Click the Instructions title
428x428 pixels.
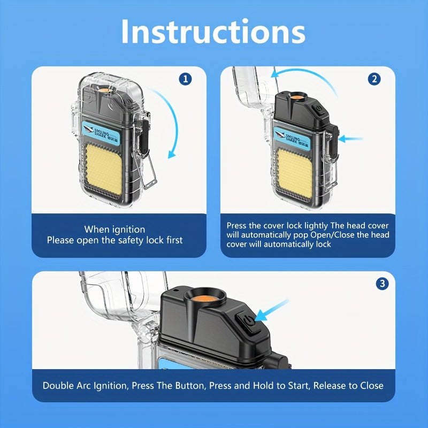pos(213,32)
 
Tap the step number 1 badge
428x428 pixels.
pos(185,79)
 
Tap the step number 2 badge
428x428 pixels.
pos(374,79)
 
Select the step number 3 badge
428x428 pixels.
pos(382,284)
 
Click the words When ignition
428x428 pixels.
pos(114,229)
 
